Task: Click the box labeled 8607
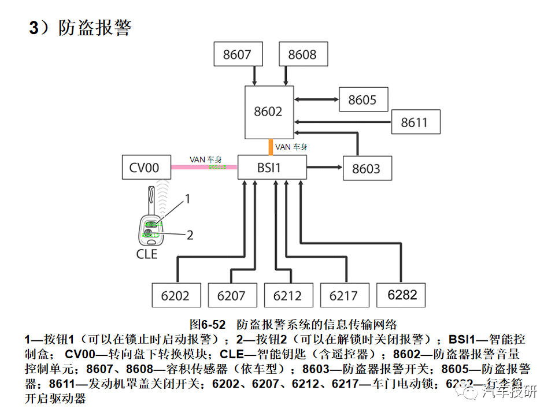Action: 237,54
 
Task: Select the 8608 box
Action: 302,54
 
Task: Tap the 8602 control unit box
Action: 268,112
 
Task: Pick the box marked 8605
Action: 362,100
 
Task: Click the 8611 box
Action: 414,123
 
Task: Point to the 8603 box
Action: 366,169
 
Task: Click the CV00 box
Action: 146,168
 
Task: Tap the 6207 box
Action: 231,295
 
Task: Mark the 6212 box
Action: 287,295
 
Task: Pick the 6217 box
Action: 343,295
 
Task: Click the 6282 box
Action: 402,295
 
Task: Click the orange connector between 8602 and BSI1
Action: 270,147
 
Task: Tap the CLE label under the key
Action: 147,254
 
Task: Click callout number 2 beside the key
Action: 190,235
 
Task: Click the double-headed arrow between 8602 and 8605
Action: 316,100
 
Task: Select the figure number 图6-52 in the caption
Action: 209,324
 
